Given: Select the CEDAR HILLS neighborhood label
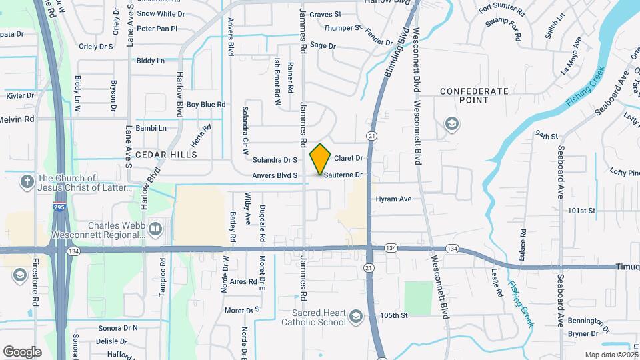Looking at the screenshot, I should [167, 154].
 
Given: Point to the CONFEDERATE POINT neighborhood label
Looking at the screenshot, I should [475, 95].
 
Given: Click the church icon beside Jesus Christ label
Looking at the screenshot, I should [27, 181].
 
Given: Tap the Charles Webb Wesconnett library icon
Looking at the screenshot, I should [155, 229].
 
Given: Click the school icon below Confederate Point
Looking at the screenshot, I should [452, 125].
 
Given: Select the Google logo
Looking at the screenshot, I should [22, 351].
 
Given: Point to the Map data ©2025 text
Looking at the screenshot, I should [611, 355].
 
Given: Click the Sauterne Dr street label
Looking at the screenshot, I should [345, 175].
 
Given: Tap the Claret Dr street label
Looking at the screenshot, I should [348, 159].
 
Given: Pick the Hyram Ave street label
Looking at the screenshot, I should [393, 199].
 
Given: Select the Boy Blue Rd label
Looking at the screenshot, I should [206, 105].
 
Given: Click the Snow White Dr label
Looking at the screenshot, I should [161, 13].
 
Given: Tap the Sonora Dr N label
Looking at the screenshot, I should [117, 328].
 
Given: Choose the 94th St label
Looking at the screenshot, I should [545, 135].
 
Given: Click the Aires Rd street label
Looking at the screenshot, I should [243, 282].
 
